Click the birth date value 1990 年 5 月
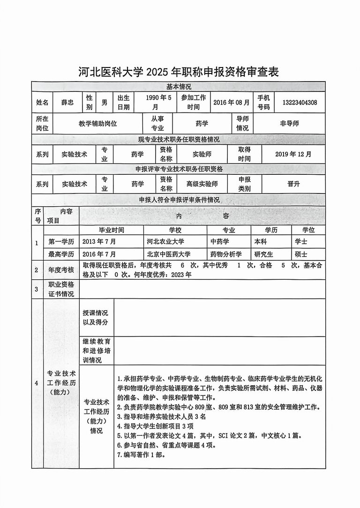point(152,102)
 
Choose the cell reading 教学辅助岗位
point(97,124)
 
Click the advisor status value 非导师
point(289,124)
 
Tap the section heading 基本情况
point(179,87)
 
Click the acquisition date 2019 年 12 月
point(292,154)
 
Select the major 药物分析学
point(226,254)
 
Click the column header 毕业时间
point(111,230)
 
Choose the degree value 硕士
point(301,254)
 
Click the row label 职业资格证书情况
point(61,289)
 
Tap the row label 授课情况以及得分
point(96,317)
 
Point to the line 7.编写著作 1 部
point(141,455)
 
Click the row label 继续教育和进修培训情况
point(97,351)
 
